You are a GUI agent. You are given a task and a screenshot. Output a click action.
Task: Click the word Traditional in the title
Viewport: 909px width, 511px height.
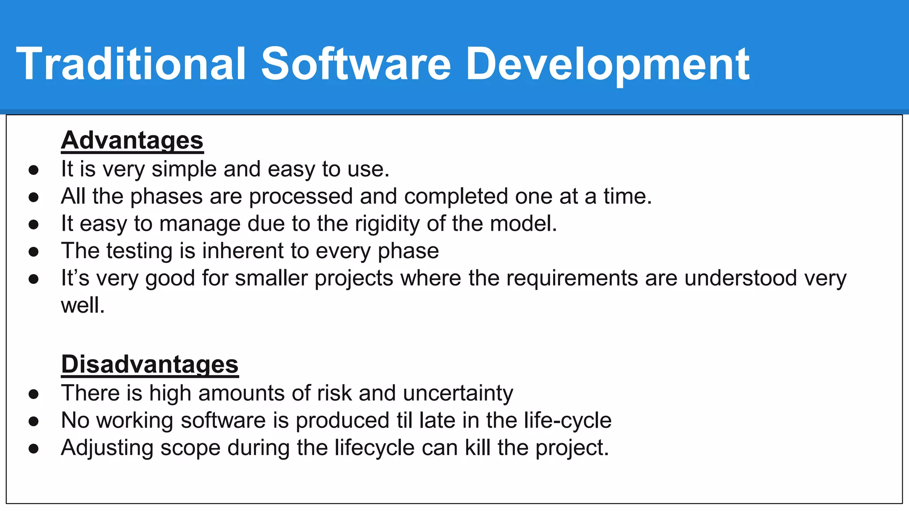(x=131, y=64)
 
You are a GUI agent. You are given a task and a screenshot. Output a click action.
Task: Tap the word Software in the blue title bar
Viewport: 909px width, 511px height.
(x=356, y=64)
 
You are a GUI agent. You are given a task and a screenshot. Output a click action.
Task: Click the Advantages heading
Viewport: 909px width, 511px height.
(x=132, y=140)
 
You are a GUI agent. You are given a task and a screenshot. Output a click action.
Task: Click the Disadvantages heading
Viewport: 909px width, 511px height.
(x=150, y=364)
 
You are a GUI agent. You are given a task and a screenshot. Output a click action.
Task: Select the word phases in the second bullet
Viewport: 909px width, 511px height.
(x=166, y=197)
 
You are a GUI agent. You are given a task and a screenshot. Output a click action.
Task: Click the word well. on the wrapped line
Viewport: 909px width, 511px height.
(x=83, y=306)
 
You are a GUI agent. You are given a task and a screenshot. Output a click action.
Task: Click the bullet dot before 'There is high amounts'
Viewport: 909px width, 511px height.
(x=33, y=394)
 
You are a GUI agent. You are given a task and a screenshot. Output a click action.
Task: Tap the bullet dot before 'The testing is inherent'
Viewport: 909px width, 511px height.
(x=33, y=252)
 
